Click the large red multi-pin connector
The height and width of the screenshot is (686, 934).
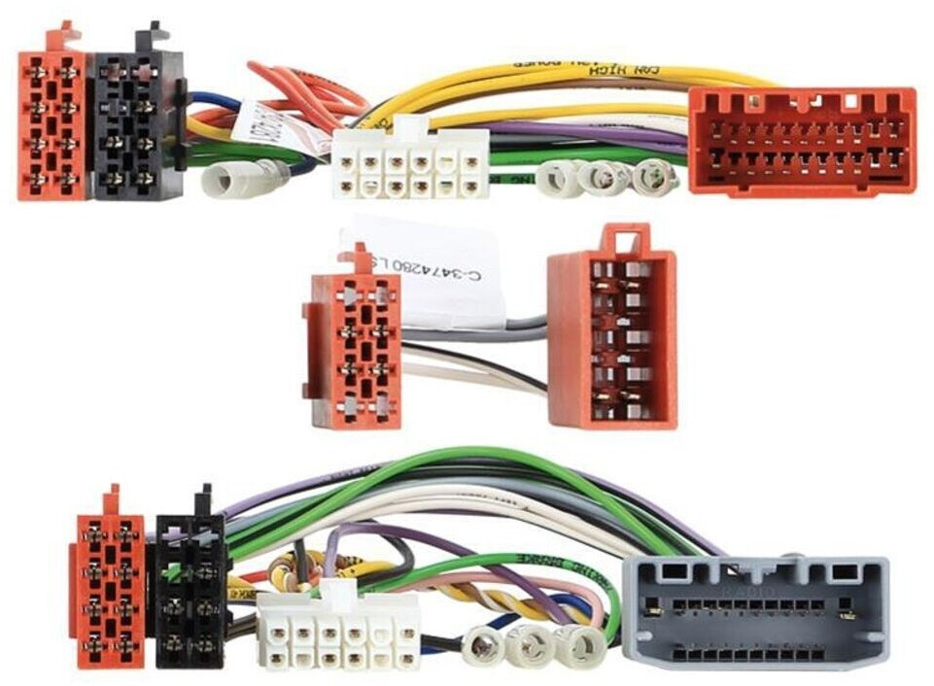coord(802,141)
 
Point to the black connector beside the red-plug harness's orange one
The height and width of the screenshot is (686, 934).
coord(136,126)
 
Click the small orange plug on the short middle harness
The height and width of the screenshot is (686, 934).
coord(356,350)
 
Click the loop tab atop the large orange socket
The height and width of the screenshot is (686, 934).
coord(627,239)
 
